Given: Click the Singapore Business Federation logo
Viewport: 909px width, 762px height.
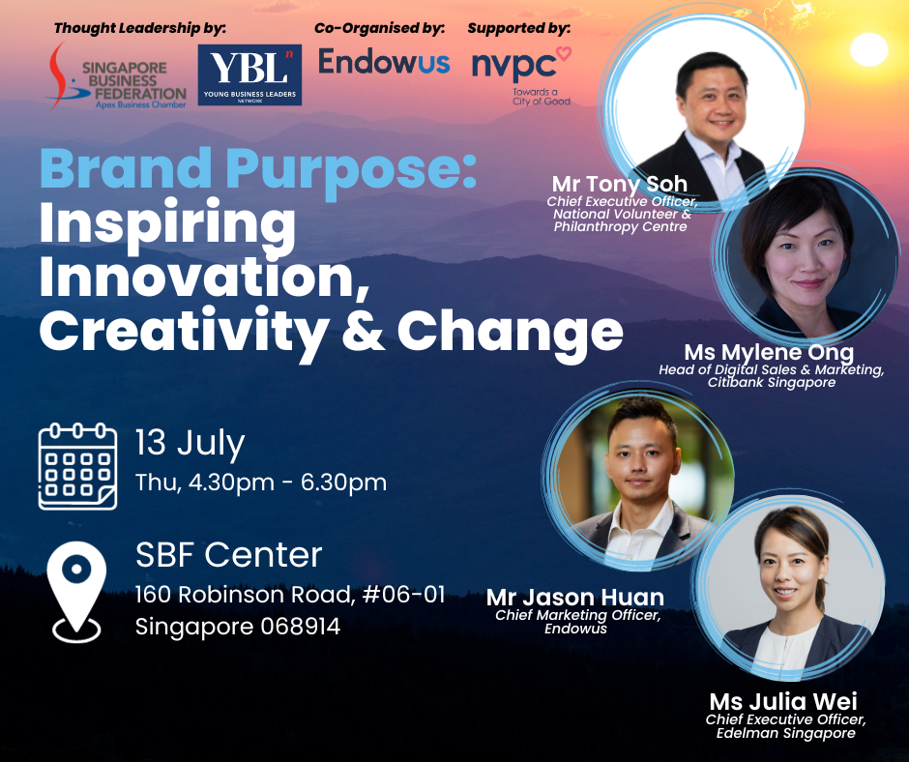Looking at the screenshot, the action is [117, 76].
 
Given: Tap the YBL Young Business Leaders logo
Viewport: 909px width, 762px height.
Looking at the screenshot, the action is [249, 74].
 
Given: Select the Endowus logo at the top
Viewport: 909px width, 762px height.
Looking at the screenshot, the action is [384, 62].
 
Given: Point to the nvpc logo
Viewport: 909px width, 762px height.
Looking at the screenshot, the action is [522, 75].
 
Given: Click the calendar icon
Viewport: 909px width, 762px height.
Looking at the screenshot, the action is [77, 467].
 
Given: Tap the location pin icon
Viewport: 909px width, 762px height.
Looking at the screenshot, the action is [76, 592].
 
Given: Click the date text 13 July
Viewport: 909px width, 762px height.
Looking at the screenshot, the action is [191, 444].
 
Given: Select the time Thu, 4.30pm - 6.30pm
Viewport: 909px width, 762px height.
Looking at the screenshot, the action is [261, 483].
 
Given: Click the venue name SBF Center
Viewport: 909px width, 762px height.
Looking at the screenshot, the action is [228, 554].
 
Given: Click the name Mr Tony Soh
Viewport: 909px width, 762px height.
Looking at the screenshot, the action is [620, 184].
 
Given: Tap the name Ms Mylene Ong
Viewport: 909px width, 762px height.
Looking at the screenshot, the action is [769, 353].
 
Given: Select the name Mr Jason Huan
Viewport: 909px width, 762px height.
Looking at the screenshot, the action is [575, 598].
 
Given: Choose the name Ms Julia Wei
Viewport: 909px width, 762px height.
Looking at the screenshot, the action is [783, 702].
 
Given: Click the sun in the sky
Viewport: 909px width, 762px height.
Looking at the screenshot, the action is [868, 49].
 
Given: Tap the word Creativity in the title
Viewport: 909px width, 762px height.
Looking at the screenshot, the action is [183, 332].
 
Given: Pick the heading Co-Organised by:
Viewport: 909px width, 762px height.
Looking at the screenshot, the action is [380, 28].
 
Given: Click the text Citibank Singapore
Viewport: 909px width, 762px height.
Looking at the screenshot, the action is [772, 383].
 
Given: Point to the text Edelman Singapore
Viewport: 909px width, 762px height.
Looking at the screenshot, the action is [785, 733].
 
